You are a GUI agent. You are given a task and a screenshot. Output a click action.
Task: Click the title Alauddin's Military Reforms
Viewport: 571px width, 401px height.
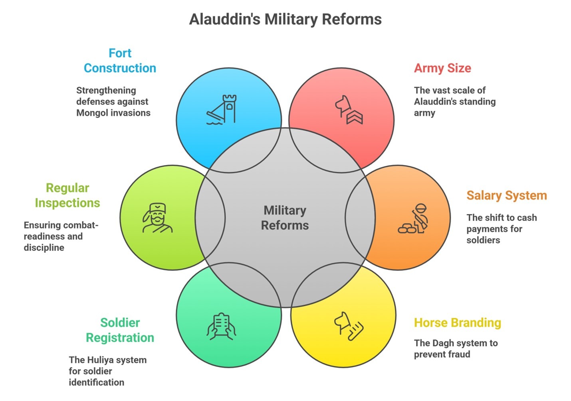pos(285,19)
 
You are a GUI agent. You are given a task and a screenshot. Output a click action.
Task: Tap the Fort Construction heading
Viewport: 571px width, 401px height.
pos(120,61)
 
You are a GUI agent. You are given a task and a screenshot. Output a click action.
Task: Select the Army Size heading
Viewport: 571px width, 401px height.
pos(442,68)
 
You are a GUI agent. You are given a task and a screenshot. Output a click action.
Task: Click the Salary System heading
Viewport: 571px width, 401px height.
pos(506,195)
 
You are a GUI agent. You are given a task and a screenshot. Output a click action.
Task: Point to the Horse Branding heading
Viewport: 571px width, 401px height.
pos(457,322)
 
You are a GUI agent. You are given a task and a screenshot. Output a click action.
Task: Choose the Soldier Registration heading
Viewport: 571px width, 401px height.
pos(120,330)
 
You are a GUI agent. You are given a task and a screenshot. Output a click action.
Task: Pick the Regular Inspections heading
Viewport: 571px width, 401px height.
pos(67,195)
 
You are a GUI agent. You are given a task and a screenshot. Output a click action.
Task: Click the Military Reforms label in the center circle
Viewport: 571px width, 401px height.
pos(285,218)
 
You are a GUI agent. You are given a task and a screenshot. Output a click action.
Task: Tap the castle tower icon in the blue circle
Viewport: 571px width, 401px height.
pos(222,110)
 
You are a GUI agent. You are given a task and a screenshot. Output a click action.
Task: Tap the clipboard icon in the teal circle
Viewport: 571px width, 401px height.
pos(221,326)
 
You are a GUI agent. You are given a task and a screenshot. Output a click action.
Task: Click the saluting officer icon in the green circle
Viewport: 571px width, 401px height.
pos(157,218)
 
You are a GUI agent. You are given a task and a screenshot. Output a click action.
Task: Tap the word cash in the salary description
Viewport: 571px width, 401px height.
pos(527,218)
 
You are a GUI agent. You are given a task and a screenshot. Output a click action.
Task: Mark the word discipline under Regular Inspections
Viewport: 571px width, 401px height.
pos(44,248)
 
